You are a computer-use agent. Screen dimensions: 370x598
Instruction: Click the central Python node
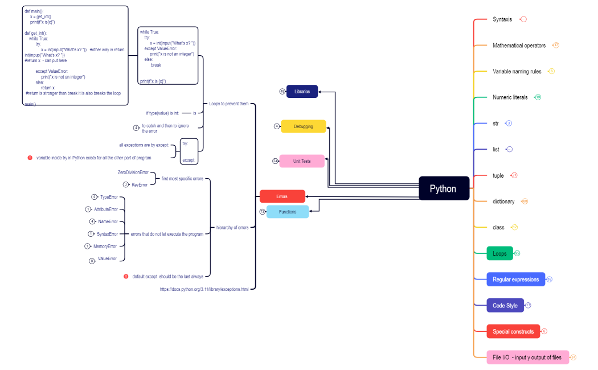click(444, 188)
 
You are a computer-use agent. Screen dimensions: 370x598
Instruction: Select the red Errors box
click(282, 196)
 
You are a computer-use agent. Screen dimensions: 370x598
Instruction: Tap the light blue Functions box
click(288, 212)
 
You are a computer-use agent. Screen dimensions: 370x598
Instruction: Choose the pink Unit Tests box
click(302, 161)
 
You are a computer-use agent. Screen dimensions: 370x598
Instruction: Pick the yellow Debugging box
click(303, 126)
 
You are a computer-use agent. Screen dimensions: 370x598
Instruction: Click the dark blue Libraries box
click(302, 91)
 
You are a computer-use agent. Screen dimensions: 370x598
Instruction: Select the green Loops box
click(499, 253)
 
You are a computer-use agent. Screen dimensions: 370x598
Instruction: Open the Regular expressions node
click(515, 279)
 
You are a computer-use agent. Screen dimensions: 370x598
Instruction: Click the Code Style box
click(505, 306)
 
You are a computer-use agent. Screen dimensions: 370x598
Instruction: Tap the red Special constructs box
click(513, 331)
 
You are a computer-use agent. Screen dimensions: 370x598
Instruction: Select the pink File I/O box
click(527, 357)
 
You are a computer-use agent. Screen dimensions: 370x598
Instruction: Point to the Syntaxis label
click(502, 19)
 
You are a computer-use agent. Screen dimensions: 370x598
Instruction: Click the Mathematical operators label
click(519, 46)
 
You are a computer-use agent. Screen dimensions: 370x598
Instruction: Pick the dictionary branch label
click(503, 202)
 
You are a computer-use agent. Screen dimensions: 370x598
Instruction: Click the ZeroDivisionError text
click(133, 172)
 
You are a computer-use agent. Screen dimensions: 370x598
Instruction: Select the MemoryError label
click(105, 246)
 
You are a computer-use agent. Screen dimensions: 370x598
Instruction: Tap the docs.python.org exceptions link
click(204, 289)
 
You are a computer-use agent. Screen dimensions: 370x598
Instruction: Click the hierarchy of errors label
click(232, 227)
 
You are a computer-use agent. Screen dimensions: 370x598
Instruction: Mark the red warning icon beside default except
click(126, 276)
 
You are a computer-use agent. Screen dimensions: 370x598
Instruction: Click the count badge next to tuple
click(514, 175)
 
